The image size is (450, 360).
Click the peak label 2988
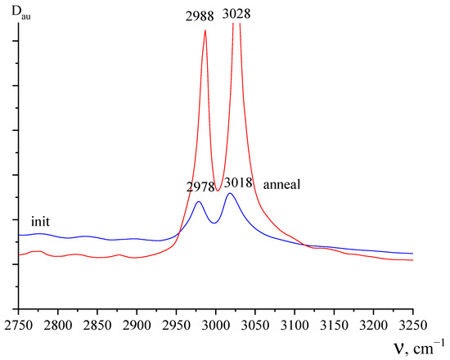pos(203,14)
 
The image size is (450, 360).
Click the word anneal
pos(283,185)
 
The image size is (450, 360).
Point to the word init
pos(42,222)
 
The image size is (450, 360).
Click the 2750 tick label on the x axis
pos(18,326)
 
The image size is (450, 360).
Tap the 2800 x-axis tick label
pos(57,326)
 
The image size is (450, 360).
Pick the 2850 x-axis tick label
pos(97,326)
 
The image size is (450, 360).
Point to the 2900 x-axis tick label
pos(136,326)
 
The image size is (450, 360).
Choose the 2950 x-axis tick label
pos(176,326)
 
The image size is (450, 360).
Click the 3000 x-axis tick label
pos(215,326)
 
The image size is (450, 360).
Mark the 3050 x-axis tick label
pos(254,326)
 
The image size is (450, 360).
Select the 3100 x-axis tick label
pos(294,326)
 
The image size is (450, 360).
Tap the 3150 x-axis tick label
pos(334,326)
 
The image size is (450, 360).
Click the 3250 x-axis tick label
pos(412,326)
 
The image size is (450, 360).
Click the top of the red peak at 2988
pos(205,31)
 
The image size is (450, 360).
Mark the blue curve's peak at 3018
pos(230,193)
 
